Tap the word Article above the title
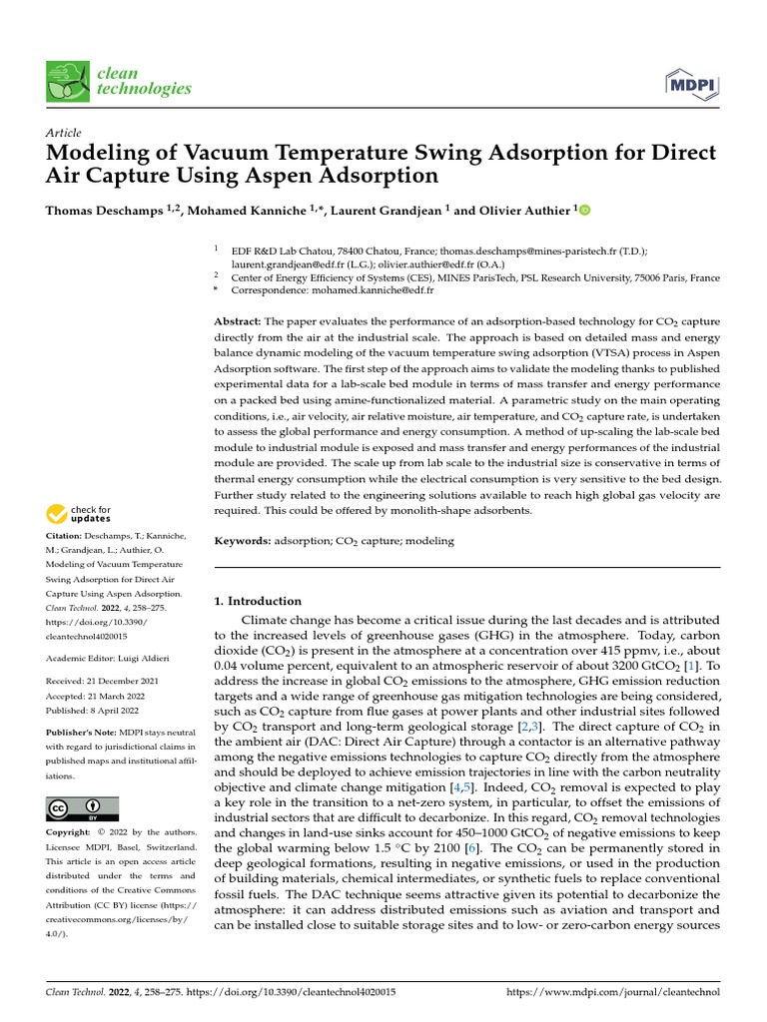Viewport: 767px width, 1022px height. (x=63, y=133)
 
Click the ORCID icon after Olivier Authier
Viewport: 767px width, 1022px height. (x=584, y=211)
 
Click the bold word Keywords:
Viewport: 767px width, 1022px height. (x=244, y=541)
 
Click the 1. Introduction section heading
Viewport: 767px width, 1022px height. (x=258, y=601)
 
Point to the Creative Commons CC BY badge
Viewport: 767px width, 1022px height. (x=82, y=808)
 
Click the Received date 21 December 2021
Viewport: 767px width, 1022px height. (x=129, y=682)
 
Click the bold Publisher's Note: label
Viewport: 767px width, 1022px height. (x=82, y=733)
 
